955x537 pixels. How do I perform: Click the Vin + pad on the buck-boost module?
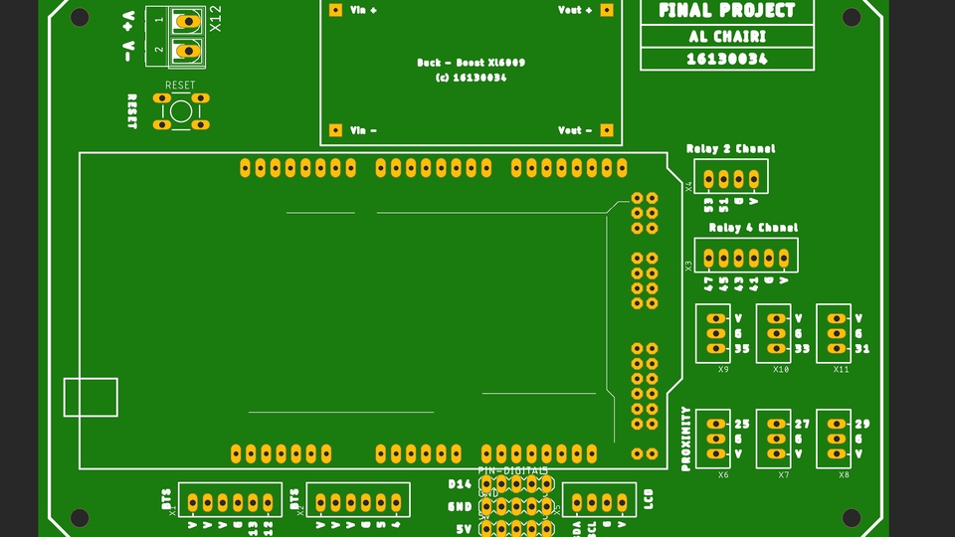point(335,10)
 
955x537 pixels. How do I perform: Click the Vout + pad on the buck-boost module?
point(606,10)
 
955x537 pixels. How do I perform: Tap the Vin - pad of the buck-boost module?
point(335,130)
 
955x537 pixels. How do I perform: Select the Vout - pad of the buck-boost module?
point(606,130)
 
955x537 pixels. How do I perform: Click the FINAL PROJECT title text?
point(727,11)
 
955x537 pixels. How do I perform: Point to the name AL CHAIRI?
point(727,37)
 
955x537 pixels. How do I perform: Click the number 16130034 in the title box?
point(727,59)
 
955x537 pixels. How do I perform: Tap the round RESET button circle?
point(180,110)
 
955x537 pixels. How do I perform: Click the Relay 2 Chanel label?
point(730,149)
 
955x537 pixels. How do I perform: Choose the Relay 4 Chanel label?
point(753,228)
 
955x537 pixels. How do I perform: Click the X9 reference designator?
point(723,369)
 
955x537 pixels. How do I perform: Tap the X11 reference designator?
point(842,369)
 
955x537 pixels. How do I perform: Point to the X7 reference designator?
point(783,474)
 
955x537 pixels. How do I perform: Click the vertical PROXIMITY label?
point(685,439)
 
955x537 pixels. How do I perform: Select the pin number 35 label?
point(742,349)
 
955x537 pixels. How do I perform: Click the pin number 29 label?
point(861,424)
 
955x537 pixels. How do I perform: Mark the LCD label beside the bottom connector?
point(650,498)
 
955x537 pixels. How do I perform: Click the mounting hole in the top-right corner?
point(852,17)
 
